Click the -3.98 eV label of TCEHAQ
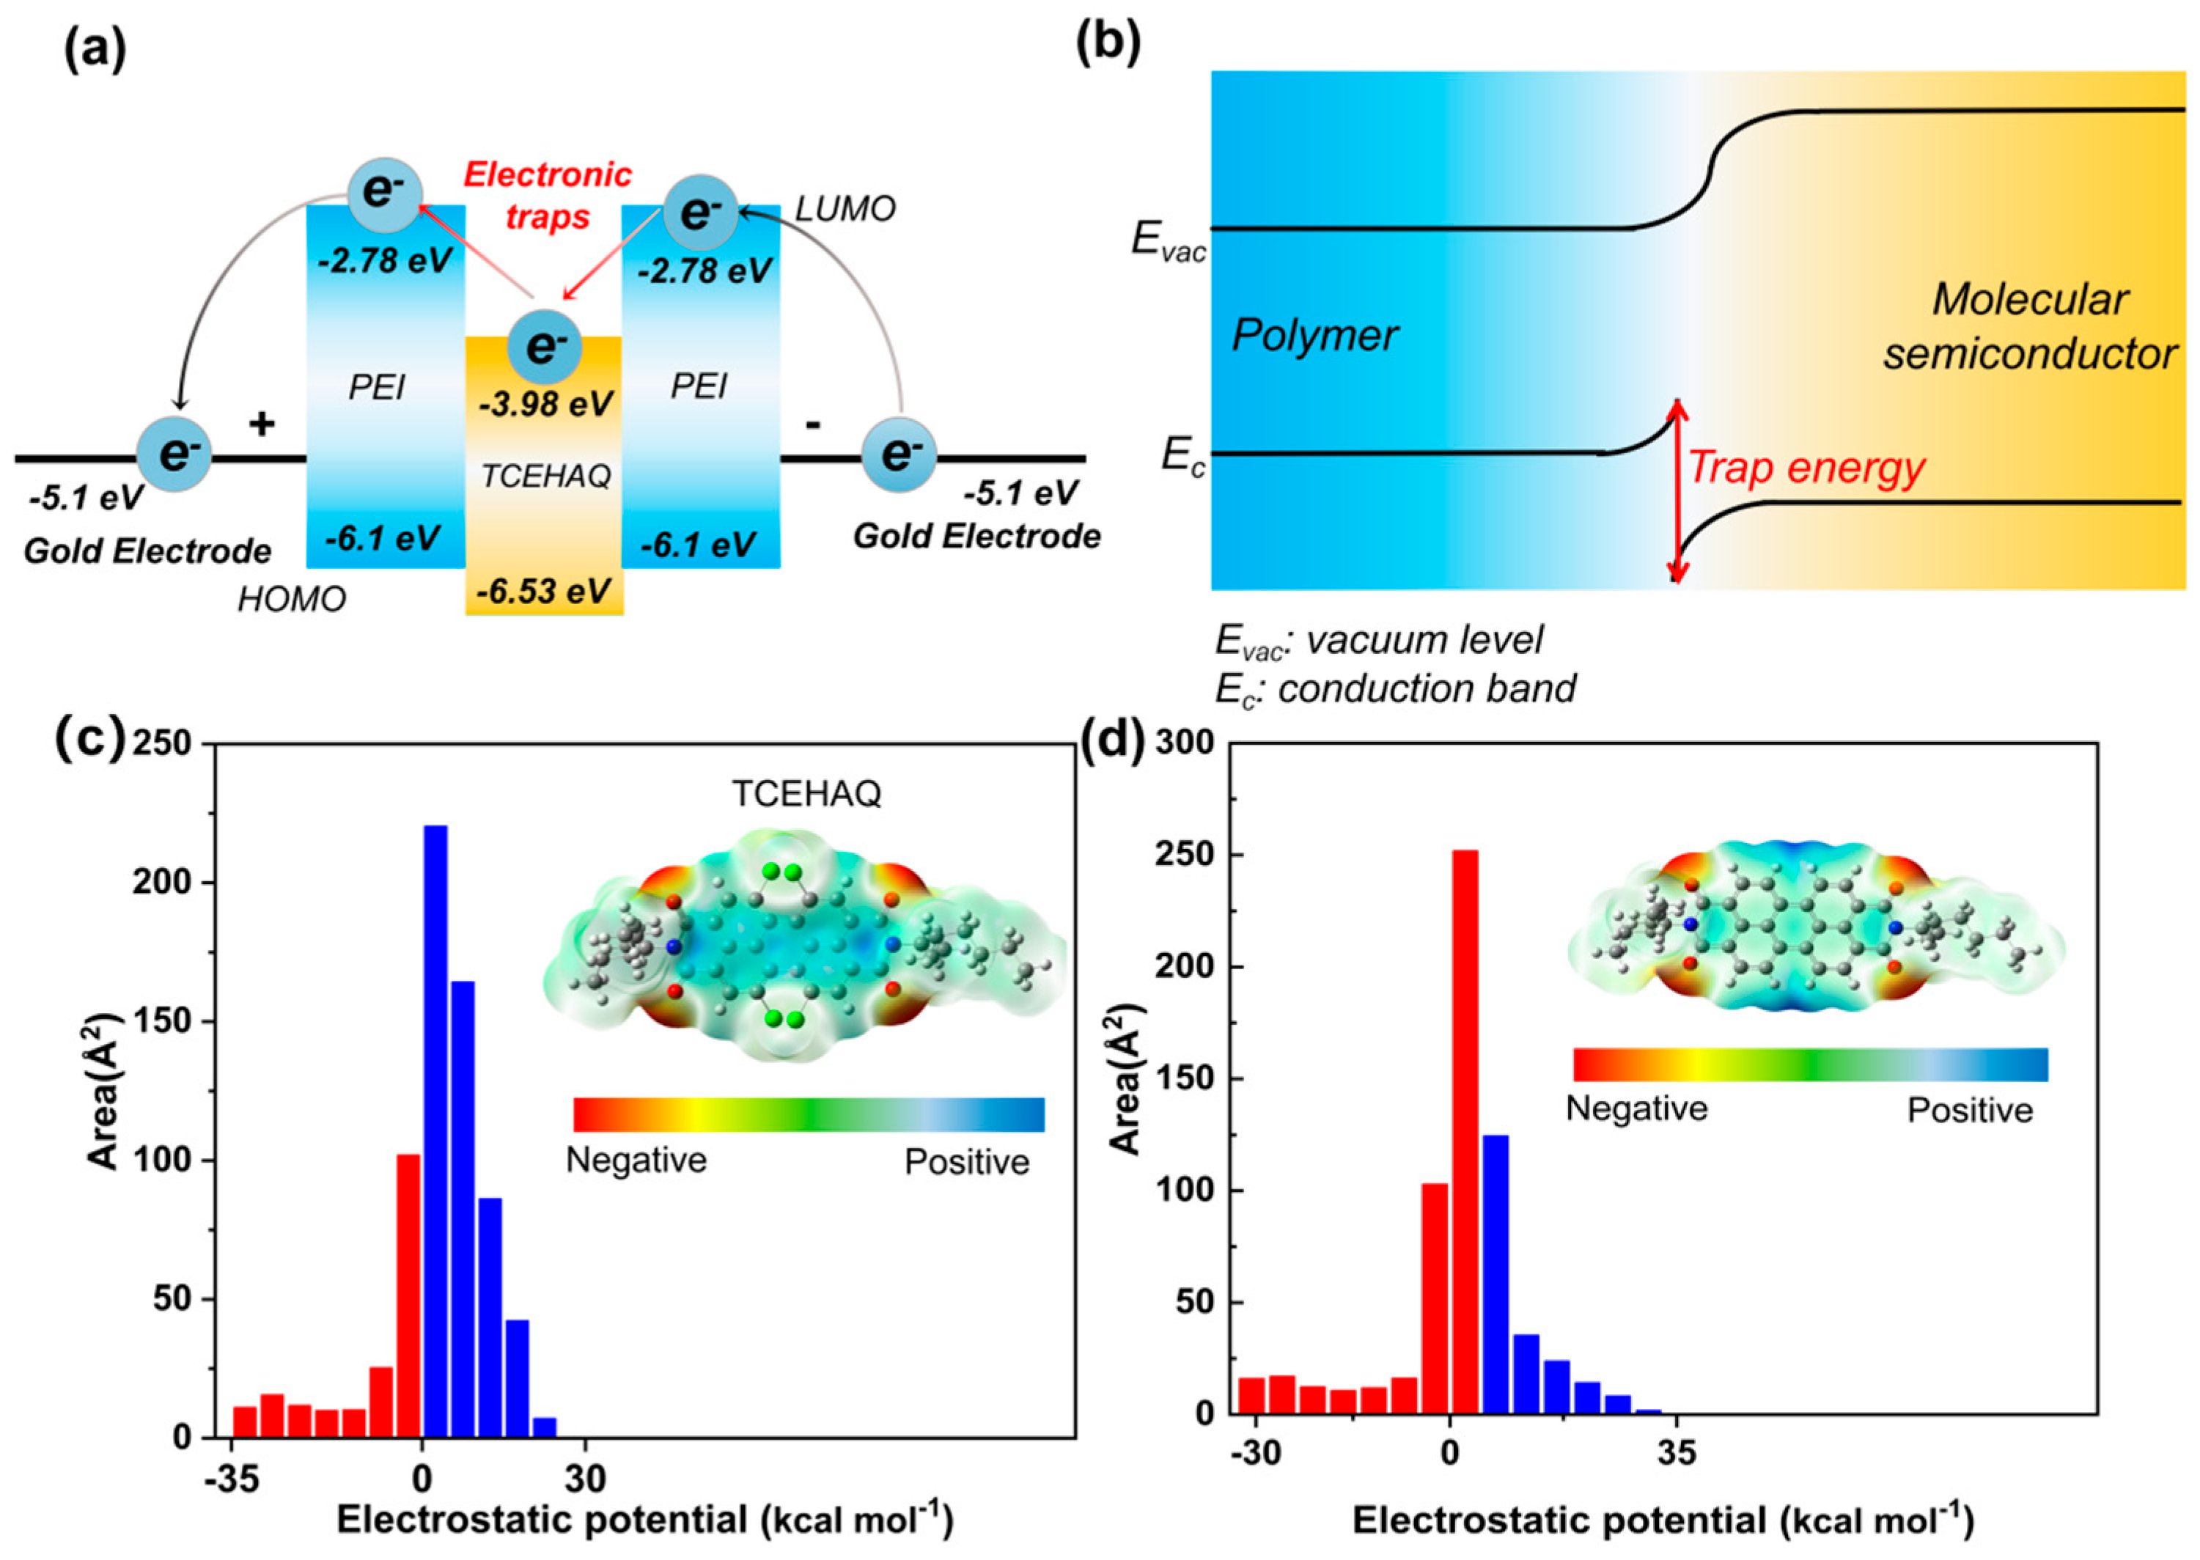tap(545, 403)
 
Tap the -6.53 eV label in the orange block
tap(545, 590)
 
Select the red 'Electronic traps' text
tap(548, 195)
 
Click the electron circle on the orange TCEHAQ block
tap(545, 346)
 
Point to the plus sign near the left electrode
tap(261, 424)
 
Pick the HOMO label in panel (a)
tap(292, 600)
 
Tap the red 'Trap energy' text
tap(1806, 468)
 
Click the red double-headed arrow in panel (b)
tap(1677, 492)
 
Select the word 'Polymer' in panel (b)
tap(1314, 335)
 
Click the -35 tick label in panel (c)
tap(232, 1480)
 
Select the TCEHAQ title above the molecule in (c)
tap(807, 793)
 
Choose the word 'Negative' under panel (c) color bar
tap(636, 1160)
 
